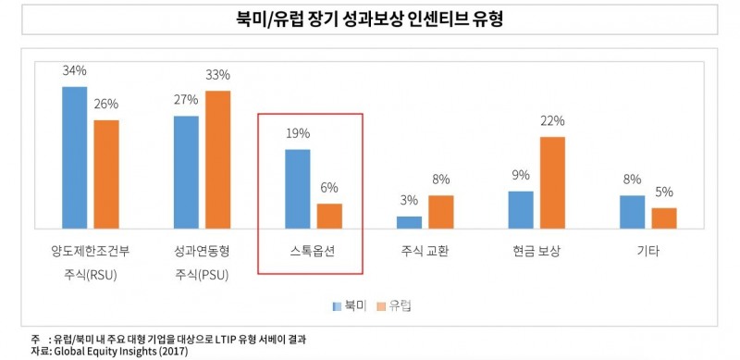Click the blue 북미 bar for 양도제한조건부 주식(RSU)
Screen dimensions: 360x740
(x=74, y=156)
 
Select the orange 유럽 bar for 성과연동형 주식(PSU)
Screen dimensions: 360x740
(x=217, y=158)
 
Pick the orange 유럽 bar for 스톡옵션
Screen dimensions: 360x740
(x=329, y=216)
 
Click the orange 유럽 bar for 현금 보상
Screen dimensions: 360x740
(x=552, y=182)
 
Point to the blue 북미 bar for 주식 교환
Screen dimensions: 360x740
(x=409, y=222)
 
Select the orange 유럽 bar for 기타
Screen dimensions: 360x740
(x=664, y=217)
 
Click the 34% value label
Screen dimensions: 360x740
(x=74, y=70)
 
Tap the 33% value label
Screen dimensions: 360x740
(x=218, y=75)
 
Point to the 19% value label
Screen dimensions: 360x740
(x=298, y=133)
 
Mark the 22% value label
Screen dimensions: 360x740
(x=552, y=120)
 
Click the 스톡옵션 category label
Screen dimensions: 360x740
(x=310, y=252)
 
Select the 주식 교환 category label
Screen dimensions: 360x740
(x=425, y=252)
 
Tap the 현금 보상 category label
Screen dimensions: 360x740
(x=536, y=252)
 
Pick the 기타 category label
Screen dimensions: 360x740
(x=648, y=252)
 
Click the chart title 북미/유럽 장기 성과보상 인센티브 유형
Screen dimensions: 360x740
(x=369, y=18)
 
